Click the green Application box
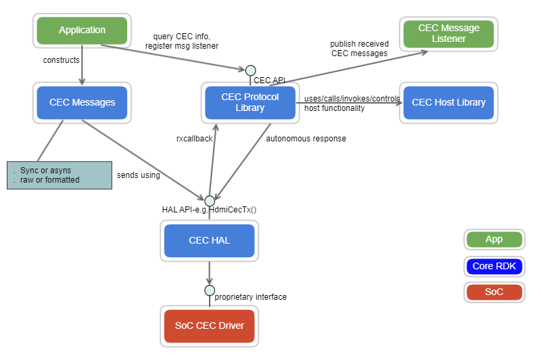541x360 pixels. (82, 30)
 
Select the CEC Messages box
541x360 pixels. (82, 103)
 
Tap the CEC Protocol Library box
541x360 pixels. (250, 103)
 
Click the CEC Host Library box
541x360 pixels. (448, 103)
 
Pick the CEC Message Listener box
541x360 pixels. (448, 34)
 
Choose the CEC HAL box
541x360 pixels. (209, 241)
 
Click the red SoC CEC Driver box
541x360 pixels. (209, 326)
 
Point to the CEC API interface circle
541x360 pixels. (250, 70)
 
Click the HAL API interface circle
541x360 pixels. (209, 200)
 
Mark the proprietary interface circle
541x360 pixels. (210, 290)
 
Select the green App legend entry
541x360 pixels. (494, 240)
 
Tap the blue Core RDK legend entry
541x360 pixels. (494, 266)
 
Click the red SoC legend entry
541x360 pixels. (494, 292)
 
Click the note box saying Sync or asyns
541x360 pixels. (59, 175)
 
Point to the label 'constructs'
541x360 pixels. (62, 60)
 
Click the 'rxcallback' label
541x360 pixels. (194, 139)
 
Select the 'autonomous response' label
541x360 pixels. (306, 139)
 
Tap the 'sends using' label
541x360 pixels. (139, 175)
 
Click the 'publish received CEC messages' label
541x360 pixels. (359, 49)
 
